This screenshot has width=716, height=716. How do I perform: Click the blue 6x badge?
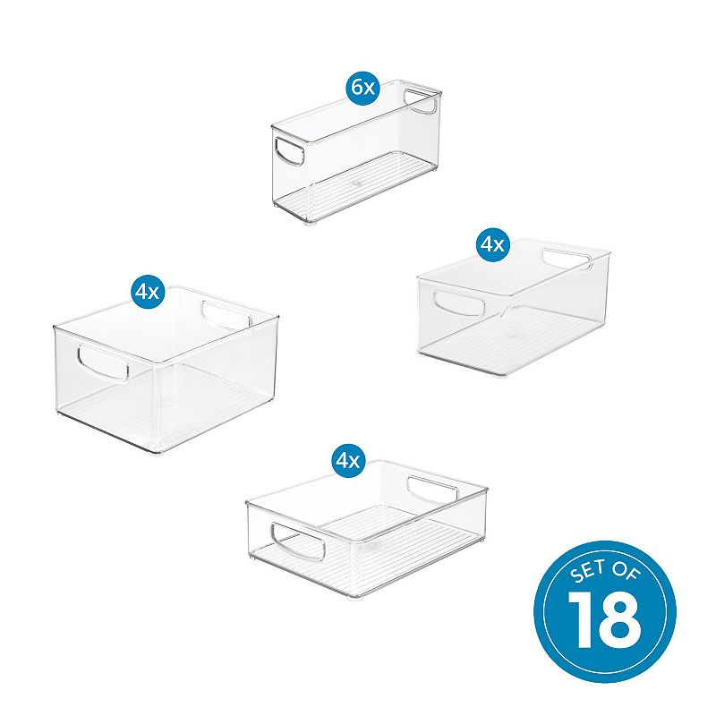363,87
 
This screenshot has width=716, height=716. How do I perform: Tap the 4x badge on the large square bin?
147,291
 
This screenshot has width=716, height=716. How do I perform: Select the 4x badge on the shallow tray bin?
347,461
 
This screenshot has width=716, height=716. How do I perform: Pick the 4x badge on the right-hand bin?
491,245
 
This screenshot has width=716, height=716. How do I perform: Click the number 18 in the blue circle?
604,622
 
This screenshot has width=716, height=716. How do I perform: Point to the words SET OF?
604,572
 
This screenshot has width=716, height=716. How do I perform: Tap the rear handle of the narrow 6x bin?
420,101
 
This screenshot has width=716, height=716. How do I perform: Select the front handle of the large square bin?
103,363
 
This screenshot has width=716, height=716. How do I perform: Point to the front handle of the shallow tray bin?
298,541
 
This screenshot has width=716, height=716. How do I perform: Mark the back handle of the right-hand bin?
567,260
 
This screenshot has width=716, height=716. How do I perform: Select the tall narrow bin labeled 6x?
356,152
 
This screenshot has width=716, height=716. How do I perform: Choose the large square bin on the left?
166,370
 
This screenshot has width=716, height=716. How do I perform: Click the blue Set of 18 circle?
605,611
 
